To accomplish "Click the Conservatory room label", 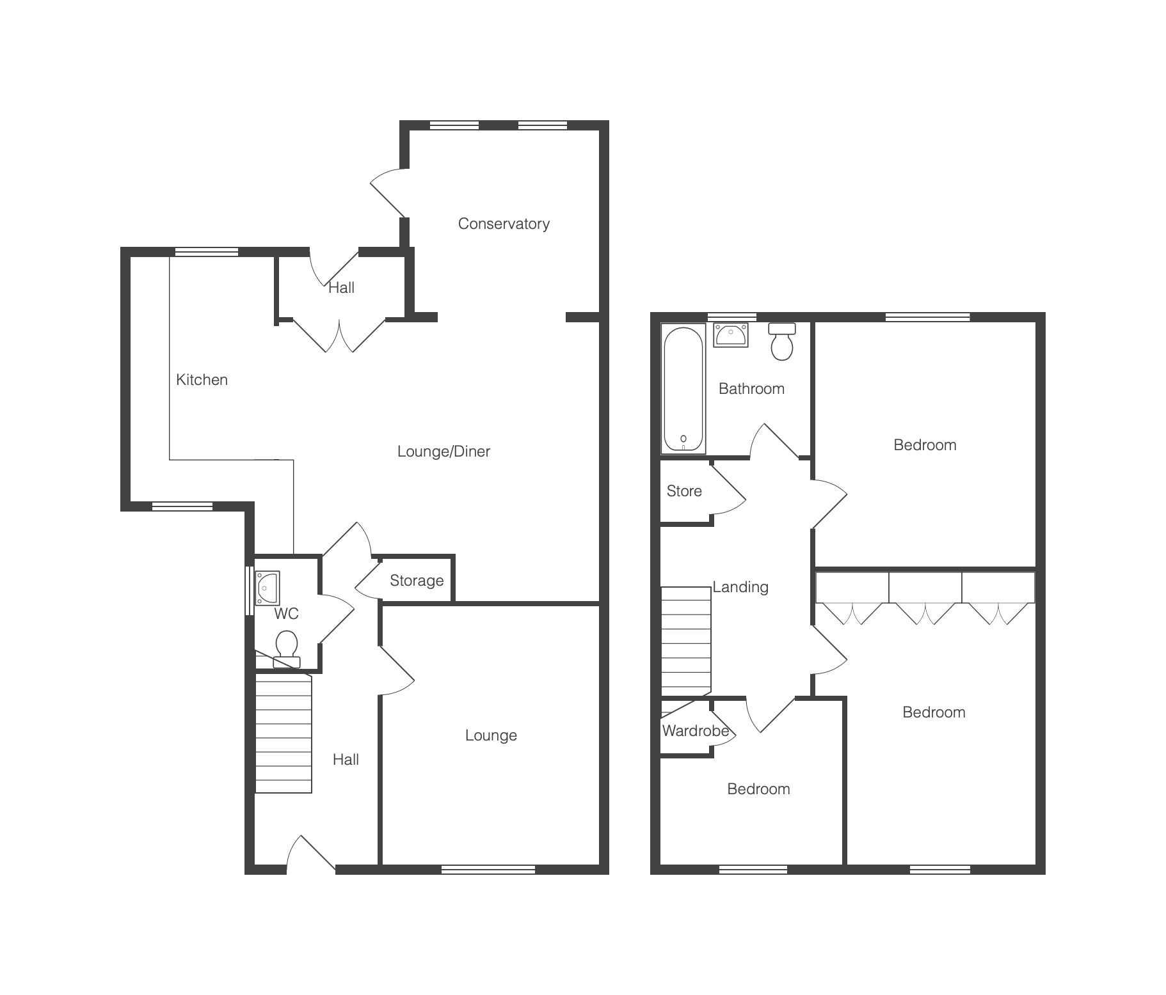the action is click(x=504, y=224).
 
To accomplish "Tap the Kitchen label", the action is click(x=202, y=380).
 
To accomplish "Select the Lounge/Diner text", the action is click(x=443, y=451).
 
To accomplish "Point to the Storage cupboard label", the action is click(x=417, y=581).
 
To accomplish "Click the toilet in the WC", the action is click(x=286, y=649).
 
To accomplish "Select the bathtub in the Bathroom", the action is click(x=683, y=389).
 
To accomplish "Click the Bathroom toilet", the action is click(x=782, y=342).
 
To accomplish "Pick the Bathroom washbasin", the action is click(x=731, y=335).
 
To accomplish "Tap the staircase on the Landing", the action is click(x=686, y=641).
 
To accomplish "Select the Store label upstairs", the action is click(x=684, y=491).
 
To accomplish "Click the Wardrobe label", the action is click(x=696, y=731).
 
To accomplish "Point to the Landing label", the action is click(x=740, y=587).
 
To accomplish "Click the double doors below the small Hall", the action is click(x=340, y=335).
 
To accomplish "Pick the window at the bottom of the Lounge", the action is click(x=488, y=869).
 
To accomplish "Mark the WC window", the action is click(x=250, y=590).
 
